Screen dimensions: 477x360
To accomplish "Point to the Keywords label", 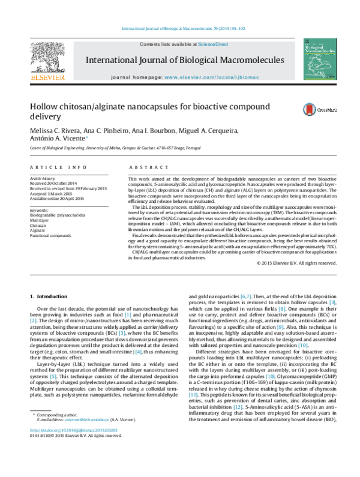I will pos(39,211).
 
